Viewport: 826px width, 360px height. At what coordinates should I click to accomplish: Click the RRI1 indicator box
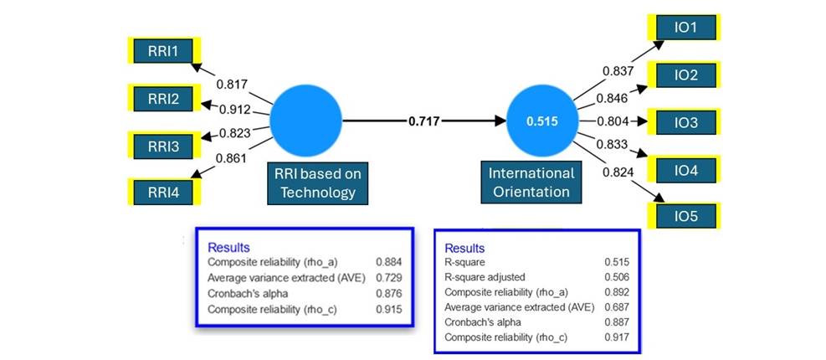163,51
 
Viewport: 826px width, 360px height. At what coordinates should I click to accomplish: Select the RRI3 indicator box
163,147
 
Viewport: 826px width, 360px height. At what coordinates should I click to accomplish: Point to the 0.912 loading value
237,109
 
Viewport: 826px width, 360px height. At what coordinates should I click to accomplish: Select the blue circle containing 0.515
541,121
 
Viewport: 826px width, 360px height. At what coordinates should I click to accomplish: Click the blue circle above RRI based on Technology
307,121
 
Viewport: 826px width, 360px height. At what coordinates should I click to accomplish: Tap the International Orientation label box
531,182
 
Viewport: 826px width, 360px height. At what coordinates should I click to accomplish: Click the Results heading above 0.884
228,247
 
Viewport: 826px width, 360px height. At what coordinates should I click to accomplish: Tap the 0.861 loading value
230,157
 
